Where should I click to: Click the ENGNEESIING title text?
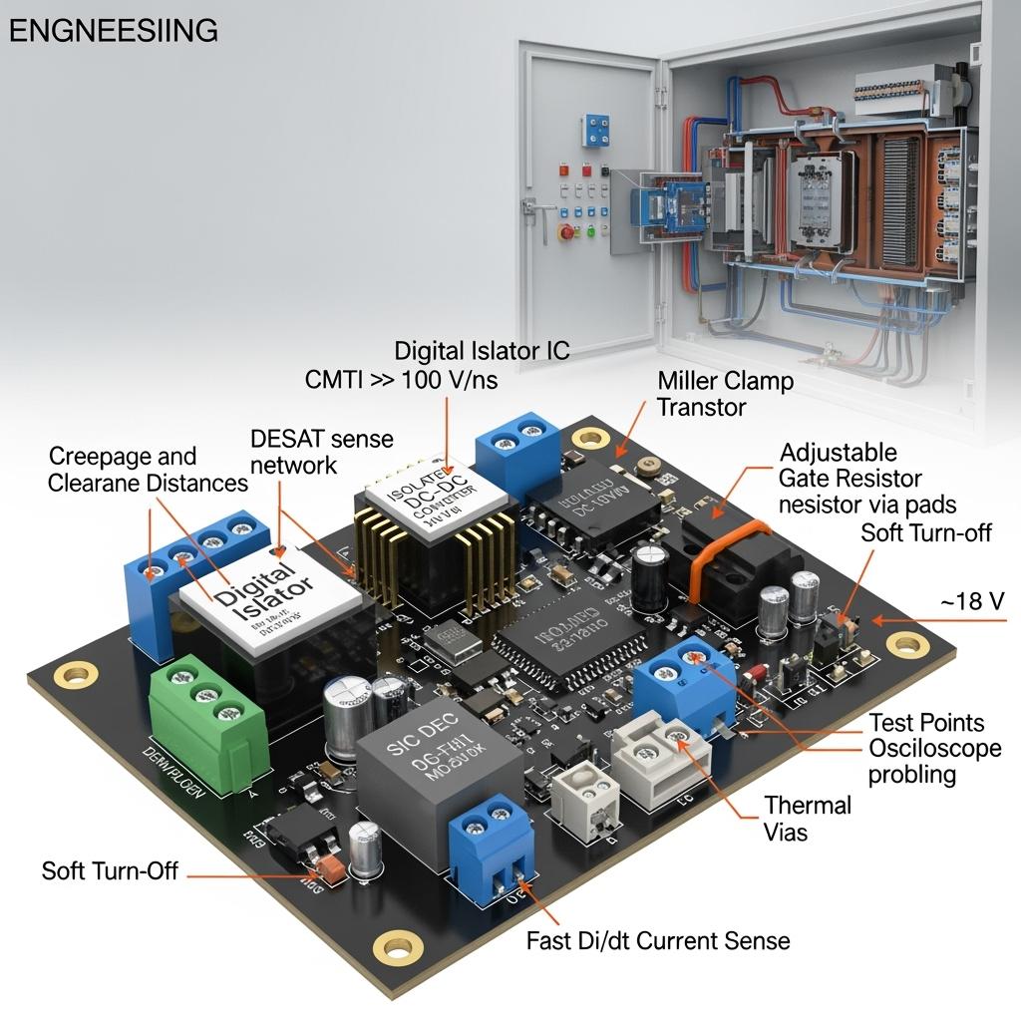click(x=113, y=31)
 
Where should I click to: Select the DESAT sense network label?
click(x=321, y=452)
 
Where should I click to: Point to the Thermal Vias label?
click(x=808, y=818)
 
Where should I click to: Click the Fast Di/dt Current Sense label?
click(x=658, y=940)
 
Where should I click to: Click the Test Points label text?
click(x=926, y=723)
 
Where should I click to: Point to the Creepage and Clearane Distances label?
click(x=148, y=470)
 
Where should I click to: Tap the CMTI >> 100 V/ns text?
click(x=400, y=380)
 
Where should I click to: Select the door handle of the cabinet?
click(x=539, y=207)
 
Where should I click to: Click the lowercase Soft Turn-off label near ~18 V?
click(x=926, y=532)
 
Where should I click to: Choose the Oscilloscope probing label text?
click(x=934, y=761)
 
